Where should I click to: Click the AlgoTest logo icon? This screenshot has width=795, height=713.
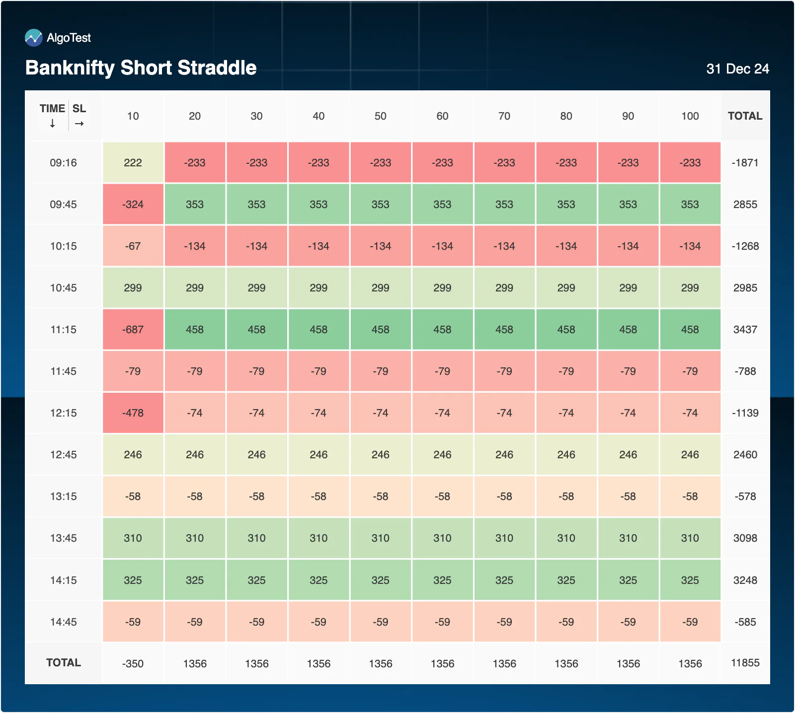(x=34, y=38)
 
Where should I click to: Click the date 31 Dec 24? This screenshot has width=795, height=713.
(x=737, y=69)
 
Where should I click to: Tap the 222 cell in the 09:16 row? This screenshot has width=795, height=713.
(x=133, y=162)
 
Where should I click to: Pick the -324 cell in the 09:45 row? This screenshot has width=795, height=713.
(x=133, y=204)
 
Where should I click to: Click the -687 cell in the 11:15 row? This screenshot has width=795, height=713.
(x=133, y=329)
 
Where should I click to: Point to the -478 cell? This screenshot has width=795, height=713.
(x=133, y=413)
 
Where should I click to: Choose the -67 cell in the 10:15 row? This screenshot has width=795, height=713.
(x=133, y=246)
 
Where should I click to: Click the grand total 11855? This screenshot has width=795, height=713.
(x=745, y=663)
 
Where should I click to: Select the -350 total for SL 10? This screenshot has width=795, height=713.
(x=133, y=663)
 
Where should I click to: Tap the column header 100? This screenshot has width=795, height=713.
(x=690, y=116)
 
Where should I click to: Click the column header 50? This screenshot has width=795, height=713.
(x=381, y=116)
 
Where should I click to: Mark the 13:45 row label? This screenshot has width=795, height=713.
(x=64, y=538)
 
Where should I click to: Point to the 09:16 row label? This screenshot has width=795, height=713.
(x=64, y=162)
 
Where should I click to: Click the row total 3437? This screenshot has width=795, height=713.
(x=745, y=329)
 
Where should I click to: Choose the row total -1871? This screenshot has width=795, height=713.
(x=745, y=162)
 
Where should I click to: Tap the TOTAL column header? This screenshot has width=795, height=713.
(x=745, y=116)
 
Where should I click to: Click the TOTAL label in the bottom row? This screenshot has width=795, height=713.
(x=64, y=662)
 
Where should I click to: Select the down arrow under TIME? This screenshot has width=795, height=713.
(x=52, y=124)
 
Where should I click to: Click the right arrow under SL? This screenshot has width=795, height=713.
(x=79, y=124)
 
